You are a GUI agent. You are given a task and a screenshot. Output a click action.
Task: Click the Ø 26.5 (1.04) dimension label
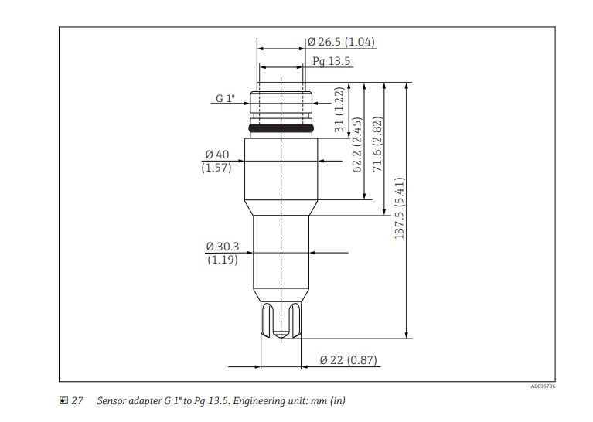(341, 42)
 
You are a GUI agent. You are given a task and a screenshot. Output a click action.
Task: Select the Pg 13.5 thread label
(332, 61)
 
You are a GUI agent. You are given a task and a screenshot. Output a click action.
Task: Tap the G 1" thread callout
(225, 99)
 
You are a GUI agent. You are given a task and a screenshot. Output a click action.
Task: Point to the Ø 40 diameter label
(217, 155)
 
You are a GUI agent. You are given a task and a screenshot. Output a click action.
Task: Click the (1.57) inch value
(216, 168)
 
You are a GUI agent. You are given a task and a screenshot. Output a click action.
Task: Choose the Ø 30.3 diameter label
(223, 247)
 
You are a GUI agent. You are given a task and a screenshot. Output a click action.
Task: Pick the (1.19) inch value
(223, 260)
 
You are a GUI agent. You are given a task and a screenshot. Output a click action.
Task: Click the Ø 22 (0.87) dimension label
(348, 360)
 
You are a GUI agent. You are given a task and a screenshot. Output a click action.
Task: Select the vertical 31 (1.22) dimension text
(339, 110)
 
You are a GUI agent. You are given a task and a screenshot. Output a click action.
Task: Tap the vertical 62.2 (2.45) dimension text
(358, 145)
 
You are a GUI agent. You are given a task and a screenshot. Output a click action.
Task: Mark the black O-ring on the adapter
(281, 127)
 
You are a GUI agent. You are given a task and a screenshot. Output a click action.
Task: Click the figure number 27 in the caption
(77, 401)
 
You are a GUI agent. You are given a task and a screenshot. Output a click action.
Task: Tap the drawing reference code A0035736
(543, 386)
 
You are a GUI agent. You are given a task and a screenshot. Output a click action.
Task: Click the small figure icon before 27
(63, 401)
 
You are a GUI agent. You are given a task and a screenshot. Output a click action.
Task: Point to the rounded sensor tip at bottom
(281, 333)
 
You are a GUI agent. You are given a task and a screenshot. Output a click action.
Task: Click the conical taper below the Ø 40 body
(281, 206)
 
